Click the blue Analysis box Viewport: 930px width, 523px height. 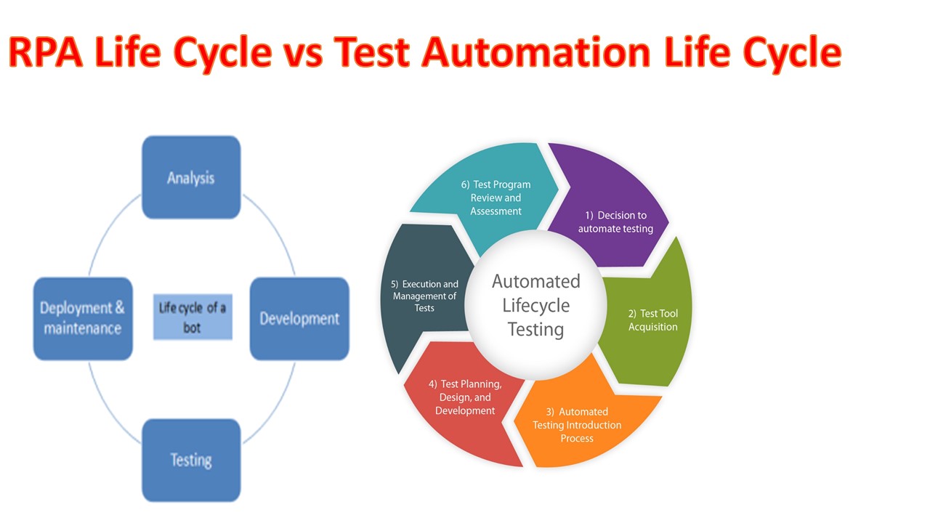[191, 177]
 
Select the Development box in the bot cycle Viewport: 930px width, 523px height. [299, 318]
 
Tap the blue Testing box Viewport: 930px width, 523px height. [191, 460]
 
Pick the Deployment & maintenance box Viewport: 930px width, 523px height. [83, 318]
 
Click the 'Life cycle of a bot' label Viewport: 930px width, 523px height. [193, 317]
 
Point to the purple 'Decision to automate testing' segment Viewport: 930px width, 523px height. [615, 215]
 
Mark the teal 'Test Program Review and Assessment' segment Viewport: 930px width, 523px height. [494, 198]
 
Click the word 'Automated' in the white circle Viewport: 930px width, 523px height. [536, 281]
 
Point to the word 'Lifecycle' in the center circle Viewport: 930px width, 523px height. [536, 305]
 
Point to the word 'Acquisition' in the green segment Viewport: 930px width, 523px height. [652, 327]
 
